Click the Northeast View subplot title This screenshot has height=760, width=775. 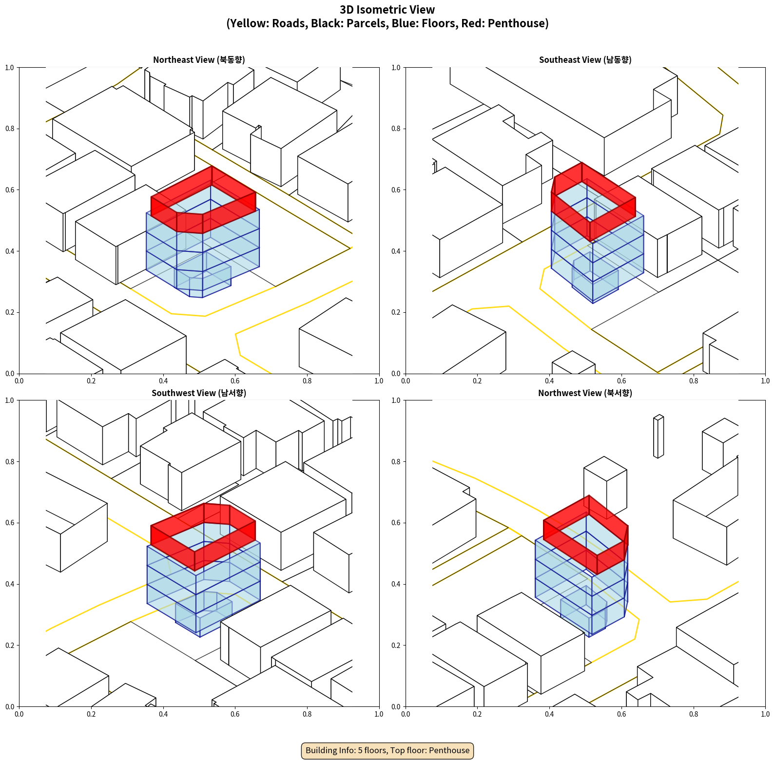(199, 60)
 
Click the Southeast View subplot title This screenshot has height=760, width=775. (585, 60)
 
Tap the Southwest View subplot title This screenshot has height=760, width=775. (199, 393)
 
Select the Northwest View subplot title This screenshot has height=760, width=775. (585, 393)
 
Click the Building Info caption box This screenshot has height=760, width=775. (387, 750)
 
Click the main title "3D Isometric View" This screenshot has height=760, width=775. (387, 10)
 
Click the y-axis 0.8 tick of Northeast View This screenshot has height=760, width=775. (10, 129)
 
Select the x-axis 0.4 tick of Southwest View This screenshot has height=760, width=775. (163, 714)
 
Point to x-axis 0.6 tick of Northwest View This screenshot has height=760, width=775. (621, 714)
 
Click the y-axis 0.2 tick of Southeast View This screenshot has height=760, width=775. (396, 312)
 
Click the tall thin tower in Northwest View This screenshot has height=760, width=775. (659, 437)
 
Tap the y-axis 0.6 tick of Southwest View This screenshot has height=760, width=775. (10, 523)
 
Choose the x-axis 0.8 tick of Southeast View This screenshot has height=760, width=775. (694, 381)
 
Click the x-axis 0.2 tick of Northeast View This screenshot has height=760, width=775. (91, 381)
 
